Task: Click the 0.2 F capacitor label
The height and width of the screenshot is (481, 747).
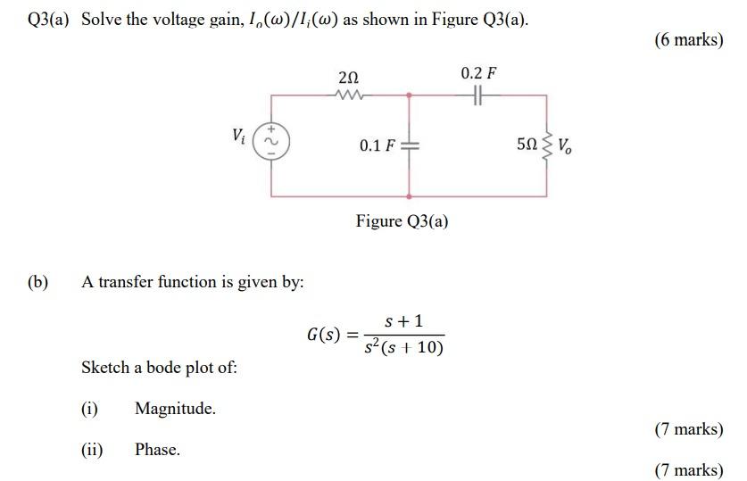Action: click(478, 72)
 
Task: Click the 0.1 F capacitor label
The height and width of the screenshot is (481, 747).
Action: click(378, 145)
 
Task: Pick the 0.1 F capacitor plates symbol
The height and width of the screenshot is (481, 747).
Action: click(410, 145)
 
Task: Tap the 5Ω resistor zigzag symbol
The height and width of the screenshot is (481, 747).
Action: click(546, 144)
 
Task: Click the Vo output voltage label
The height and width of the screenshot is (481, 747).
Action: click(567, 145)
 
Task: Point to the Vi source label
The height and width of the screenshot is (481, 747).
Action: click(237, 137)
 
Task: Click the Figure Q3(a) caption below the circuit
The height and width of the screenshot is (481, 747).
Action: click(402, 220)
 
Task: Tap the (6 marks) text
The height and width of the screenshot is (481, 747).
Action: click(688, 39)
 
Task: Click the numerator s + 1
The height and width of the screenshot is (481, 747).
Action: click(404, 319)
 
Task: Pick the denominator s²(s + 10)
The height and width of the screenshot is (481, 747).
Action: click(403, 347)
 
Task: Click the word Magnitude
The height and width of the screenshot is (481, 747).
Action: click(175, 409)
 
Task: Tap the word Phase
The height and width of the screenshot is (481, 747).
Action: click(157, 450)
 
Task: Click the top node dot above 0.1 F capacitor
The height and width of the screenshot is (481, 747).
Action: click(410, 93)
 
